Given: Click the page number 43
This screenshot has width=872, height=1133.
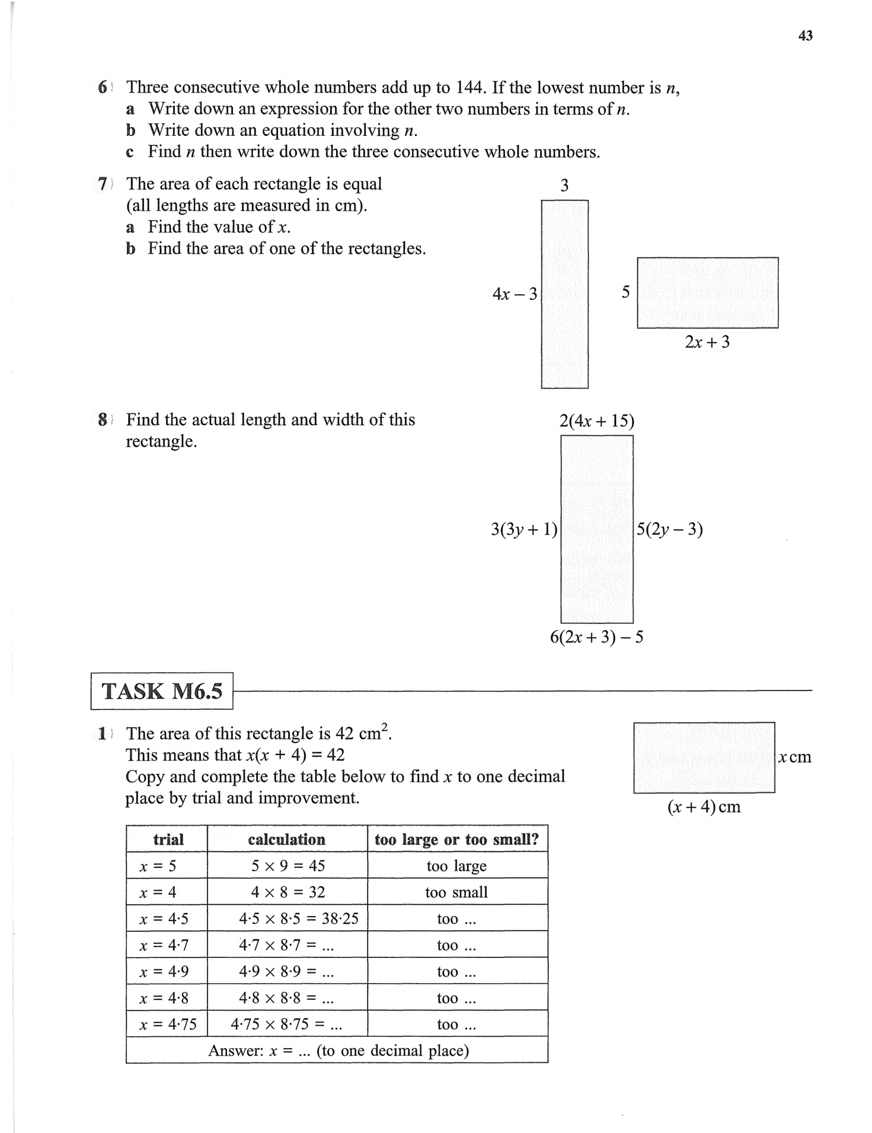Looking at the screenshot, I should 805,36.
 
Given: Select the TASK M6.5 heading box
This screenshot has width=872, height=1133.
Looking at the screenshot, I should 162,691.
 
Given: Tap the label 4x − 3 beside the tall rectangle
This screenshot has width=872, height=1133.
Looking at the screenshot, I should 515,294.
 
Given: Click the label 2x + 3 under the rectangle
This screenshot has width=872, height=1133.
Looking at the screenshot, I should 707,342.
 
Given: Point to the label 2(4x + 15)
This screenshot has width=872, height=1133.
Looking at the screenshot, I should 596,421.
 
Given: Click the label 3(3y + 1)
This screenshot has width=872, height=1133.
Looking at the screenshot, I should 524,529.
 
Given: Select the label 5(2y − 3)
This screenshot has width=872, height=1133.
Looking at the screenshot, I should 670,529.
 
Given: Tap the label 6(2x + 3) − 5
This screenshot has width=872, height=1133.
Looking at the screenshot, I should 596,637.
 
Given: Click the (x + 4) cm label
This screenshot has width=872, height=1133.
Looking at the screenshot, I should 704,807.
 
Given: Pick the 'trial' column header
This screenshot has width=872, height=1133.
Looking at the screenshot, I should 168,839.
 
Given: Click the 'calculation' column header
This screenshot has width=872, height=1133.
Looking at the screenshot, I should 287,839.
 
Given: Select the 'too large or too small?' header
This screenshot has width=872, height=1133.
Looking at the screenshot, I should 456,839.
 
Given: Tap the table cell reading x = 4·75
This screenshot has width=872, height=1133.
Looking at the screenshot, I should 168,1024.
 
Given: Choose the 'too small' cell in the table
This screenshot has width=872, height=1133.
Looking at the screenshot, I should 456,892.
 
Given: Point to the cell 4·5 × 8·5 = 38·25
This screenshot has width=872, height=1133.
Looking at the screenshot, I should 299,919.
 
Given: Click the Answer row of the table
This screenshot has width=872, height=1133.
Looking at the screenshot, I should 338,1051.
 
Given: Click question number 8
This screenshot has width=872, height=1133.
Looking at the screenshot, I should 103,420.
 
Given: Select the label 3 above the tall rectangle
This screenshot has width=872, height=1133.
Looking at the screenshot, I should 564,186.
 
